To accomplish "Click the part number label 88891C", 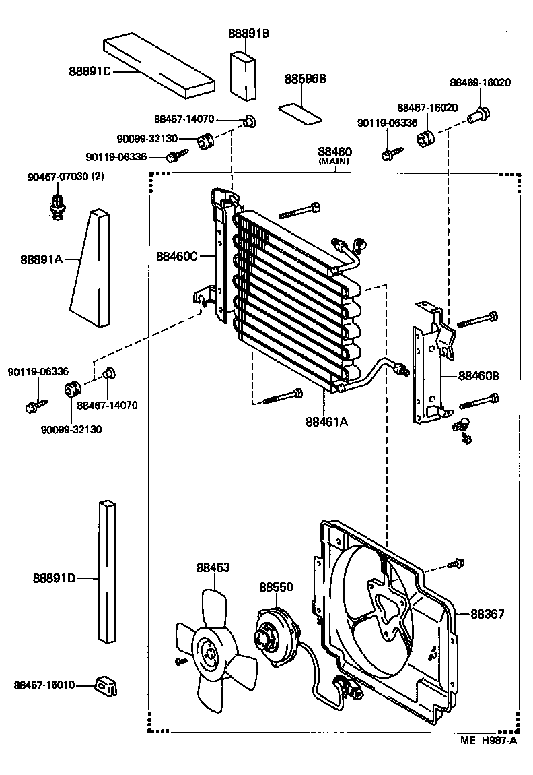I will click(x=89, y=71).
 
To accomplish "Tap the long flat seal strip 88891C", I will click(x=159, y=65).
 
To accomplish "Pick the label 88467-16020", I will click(x=427, y=108).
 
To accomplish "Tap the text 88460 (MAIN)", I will click(x=334, y=156).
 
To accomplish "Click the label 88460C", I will click(x=177, y=256).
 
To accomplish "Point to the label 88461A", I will click(x=326, y=422).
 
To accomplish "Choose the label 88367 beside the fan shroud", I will click(x=487, y=614).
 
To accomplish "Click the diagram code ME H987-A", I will click(x=489, y=741).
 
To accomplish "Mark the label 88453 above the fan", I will click(x=213, y=568).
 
